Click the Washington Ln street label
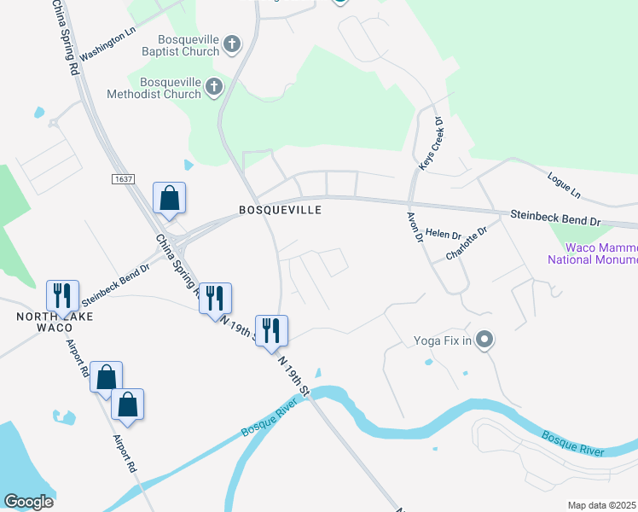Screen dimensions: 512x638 point(107,43)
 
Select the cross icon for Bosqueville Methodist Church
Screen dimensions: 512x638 point(213,87)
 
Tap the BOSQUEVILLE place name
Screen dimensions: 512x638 point(280,210)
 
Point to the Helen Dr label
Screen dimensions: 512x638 point(443,233)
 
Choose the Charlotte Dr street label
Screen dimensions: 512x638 point(466,243)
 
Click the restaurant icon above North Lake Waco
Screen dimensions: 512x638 point(62,295)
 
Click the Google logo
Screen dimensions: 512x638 point(28,502)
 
